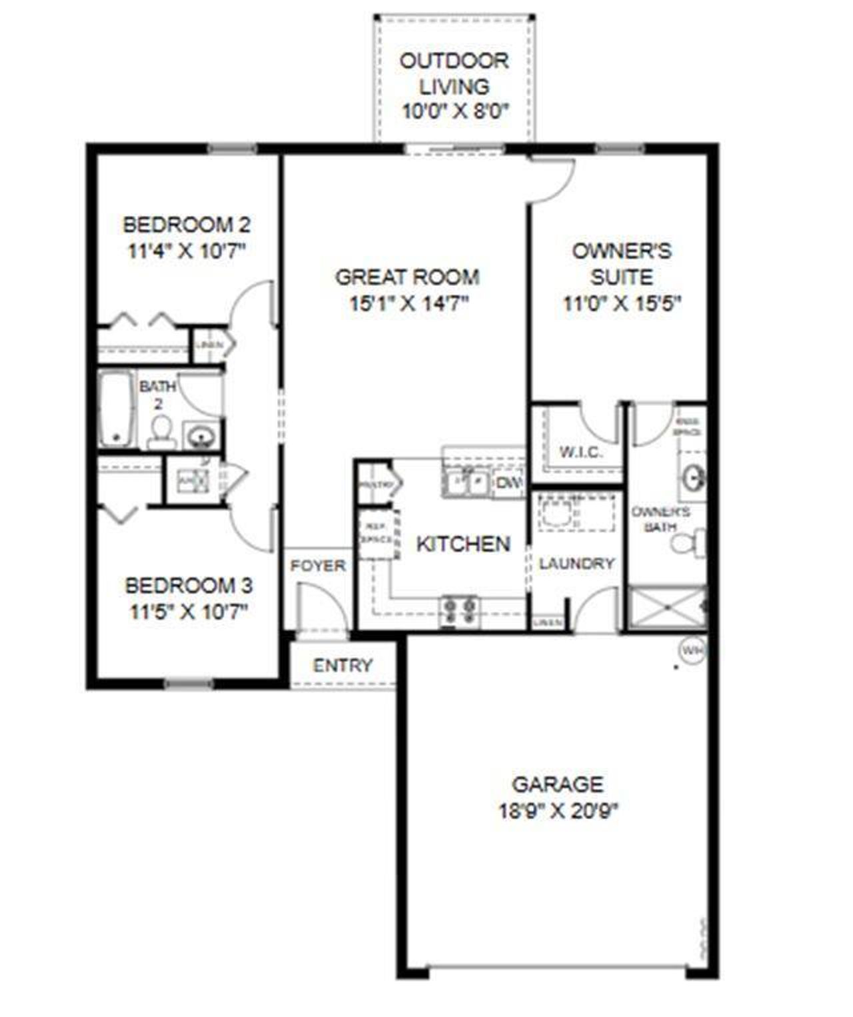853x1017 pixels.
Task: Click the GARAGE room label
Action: click(x=558, y=784)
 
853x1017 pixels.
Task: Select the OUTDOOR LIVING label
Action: click(x=454, y=73)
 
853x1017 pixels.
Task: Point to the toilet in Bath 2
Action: click(x=161, y=432)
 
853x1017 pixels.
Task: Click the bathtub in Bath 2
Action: click(x=116, y=409)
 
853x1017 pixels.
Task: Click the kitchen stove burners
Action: click(x=459, y=611)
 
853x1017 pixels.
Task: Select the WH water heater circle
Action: click(x=692, y=648)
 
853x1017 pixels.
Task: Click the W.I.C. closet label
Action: click(x=580, y=453)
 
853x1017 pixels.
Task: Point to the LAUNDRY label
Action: click(x=576, y=564)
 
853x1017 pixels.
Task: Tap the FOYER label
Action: click(x=318, y=566)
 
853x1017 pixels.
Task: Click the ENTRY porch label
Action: click(x=343, y=666)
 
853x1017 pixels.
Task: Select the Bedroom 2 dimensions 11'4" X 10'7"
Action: click(x=187, y=251)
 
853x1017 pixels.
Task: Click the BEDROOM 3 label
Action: click(x=189, y=586)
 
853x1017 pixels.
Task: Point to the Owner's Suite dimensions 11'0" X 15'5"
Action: click(x=622, y=304)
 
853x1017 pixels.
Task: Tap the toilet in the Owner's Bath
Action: click(x=690, y=542)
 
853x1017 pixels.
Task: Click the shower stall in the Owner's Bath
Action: click(x=666, y=607)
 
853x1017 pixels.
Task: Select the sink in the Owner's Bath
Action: click(x=694, y=477)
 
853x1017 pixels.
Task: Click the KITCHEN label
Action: click(x=463, y=544)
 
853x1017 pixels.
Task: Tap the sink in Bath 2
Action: click(x=199, y=437)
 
